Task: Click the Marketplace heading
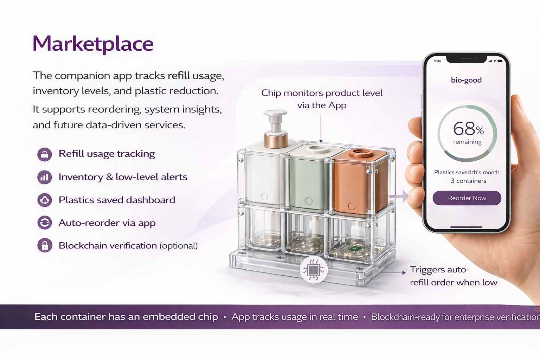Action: coord(93,44)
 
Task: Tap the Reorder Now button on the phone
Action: coord(467,198)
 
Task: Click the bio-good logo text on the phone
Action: coord(466,80)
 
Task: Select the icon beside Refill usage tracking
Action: coord(45,154)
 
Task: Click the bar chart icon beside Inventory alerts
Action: coord(45,177)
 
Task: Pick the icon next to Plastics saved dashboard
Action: coord(45,200)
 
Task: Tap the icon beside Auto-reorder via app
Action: coord(45,223)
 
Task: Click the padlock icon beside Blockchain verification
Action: coord(45,245)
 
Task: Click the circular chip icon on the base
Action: coord(314,270)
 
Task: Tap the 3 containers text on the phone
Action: coord(468,181)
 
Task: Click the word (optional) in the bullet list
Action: coord(179,245)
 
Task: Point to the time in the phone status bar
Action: coord(437,61)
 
